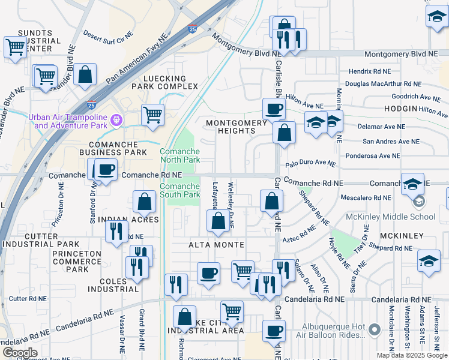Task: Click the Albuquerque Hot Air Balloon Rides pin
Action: (x=375, y=329)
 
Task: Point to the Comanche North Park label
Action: (x=179, y=156)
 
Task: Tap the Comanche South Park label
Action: (x=179, y=190)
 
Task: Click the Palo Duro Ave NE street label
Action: (x=318, y=163)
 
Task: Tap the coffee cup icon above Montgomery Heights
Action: (x=274, y=109)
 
